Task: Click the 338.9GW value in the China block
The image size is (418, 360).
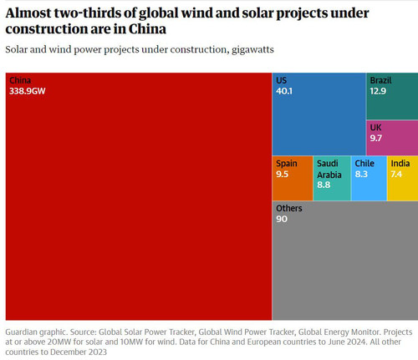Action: pos(28,91)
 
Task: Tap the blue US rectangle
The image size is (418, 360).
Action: pos(319,114)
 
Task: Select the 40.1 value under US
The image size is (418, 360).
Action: pos(284,91)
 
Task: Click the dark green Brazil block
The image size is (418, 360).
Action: pos(392,96)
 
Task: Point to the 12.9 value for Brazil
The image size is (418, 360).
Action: pos(378,91)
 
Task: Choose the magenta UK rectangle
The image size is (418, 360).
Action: pos(392,138)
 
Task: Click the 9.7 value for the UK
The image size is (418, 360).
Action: pos(376,138)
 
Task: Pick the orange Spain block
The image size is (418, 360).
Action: pos(293,178)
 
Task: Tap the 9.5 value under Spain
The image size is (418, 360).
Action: pos(282,174)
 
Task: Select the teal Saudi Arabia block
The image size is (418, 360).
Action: pos(332,178)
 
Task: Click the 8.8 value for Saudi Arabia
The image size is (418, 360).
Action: pos(324,185)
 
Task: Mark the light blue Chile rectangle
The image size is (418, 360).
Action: pos(369,178)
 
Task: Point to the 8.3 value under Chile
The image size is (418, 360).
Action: pos(361,174)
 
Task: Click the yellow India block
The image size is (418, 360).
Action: pos(403,178)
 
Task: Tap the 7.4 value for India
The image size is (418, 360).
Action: pos(396,174)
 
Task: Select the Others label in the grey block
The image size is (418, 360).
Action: pos(289,208)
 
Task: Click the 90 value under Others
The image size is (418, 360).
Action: pos(282,219)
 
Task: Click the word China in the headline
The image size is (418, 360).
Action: pos(147,29)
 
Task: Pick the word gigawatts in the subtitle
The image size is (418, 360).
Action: pos(252,50)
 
